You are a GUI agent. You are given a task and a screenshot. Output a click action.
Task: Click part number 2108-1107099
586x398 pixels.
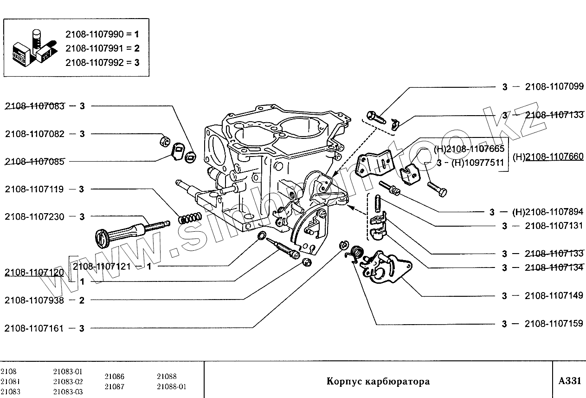pos(554,86)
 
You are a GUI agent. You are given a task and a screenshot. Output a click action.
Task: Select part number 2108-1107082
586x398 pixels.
pos(35,134)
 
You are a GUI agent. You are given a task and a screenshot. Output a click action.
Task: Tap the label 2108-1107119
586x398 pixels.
pos(35,189)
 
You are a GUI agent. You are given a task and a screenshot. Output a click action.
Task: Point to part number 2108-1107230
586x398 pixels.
pos(35,216)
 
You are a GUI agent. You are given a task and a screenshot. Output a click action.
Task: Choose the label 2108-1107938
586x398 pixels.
pos(35,300)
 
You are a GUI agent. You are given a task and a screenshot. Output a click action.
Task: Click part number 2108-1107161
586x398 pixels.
pos(35,328)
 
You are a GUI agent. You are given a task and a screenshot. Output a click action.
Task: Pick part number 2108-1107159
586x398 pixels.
pos(554,323)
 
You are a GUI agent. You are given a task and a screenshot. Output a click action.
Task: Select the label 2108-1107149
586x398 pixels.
pos(554,295)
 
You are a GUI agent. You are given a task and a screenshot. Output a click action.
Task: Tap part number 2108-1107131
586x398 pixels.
pos(554,226)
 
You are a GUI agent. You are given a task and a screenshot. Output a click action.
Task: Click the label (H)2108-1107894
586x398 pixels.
pos(548,212)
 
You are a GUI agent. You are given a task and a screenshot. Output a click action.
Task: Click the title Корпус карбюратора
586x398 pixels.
pos(378,382)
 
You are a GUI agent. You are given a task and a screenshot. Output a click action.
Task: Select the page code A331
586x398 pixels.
pos(569,381)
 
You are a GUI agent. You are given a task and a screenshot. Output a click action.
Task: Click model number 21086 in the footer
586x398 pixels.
pos(114,377)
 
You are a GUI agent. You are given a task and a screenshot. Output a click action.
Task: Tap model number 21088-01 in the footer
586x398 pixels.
pos(171,386)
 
